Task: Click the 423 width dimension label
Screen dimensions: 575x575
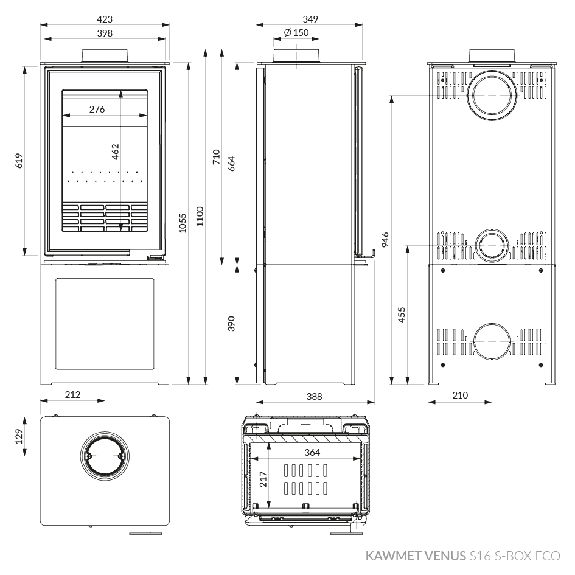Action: click(105, 19)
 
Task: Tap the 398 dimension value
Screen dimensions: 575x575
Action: click(105, 33)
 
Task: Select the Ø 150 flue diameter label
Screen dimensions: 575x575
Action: click(296, 33)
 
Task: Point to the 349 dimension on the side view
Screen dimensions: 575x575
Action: click(310, 19)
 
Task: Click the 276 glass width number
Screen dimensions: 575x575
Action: click(97, 110)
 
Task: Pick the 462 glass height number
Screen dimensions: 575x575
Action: click(116, 152)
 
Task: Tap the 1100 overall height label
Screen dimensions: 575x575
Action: click(200, 217)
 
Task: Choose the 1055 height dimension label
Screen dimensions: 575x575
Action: click(183, 223)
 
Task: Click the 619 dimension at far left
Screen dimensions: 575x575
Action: click(19, 161)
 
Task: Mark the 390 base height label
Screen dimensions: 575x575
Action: click(231, 324)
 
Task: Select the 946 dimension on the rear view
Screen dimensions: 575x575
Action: click(385, 240)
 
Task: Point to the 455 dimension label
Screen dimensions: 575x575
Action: click(402, 315)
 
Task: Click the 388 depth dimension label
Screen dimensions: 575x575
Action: click(314, 396)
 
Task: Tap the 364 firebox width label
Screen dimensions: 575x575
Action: click(312, 453)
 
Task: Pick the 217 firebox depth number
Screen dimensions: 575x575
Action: click(263, 479)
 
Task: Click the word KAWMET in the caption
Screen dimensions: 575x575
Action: click(394, 556)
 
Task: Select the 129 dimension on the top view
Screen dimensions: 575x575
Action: click(19, 436)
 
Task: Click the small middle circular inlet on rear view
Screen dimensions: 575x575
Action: click(492, 245)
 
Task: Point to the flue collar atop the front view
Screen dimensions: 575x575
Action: click(105, 56)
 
